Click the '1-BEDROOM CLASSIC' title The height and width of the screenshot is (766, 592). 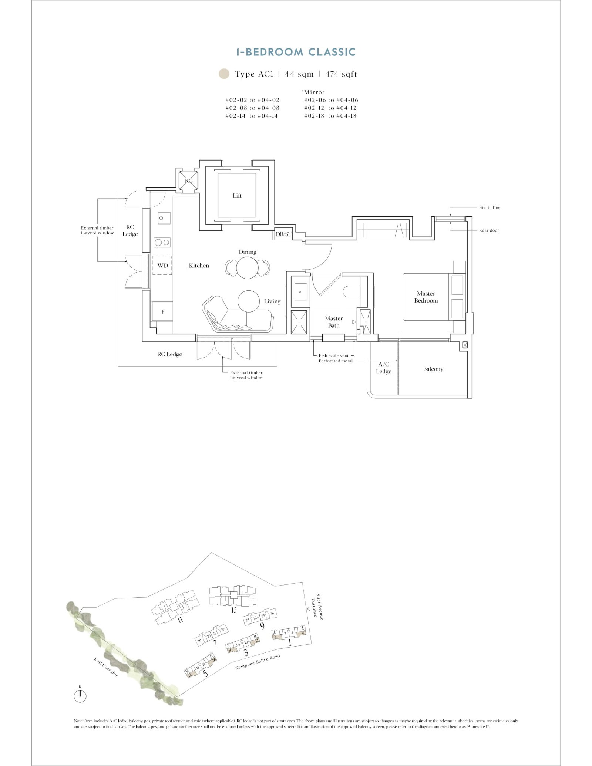296,52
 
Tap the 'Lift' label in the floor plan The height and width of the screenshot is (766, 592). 237,196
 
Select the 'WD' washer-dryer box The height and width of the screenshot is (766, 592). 162,266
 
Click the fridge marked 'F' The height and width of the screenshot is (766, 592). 163,311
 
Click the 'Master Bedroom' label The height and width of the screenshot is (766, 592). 426,297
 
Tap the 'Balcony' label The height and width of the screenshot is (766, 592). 433,369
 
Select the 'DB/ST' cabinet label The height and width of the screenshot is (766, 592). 284,234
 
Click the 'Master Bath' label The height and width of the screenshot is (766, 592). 334,322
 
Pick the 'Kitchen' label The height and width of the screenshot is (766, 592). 199,266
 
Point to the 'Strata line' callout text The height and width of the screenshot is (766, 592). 490,207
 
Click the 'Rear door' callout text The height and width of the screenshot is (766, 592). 489,230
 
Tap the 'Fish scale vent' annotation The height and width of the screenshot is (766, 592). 333,355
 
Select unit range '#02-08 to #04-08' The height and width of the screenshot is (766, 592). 252,108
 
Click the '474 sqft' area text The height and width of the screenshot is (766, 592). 341,74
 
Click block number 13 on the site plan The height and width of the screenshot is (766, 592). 233,610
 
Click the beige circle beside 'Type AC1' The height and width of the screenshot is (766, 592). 224,74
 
